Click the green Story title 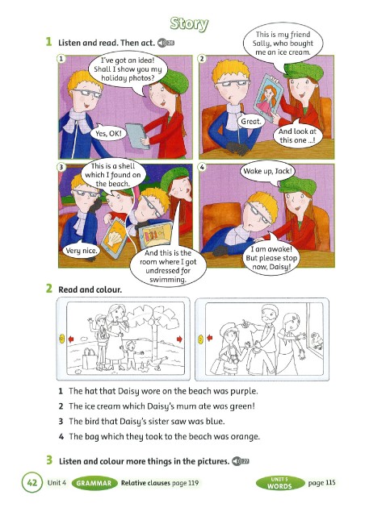pyautogui.click(x=189, y=24)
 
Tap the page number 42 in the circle pyautogui.click(x=32, y=482)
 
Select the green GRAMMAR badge pyautogui.click(x=94, y=483)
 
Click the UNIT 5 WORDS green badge pyautogui.click(x=279, y=483)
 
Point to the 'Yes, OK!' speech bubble pyautogui.click(x=108, y=133)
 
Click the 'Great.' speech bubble pyautogui.click(x=250, y=122)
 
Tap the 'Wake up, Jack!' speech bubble pyautogui.click(x=267, y=172)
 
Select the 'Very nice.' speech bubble pyautogui.click(x=81, y=251)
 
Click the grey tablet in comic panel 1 pyautogui.click(x=136, y=135)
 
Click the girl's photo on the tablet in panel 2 pyautogui.click(x=268, y=98)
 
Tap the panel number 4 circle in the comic pyautogui.click(x=202, y=167)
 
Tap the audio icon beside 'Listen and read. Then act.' pyautogui.click(x=166, y=43)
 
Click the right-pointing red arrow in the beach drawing pyautogui.click(x=179, y=339)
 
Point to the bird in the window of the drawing pyautogui.click(x=317, y=340)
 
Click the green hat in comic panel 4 pyautogui.click(x=297, y=185)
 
